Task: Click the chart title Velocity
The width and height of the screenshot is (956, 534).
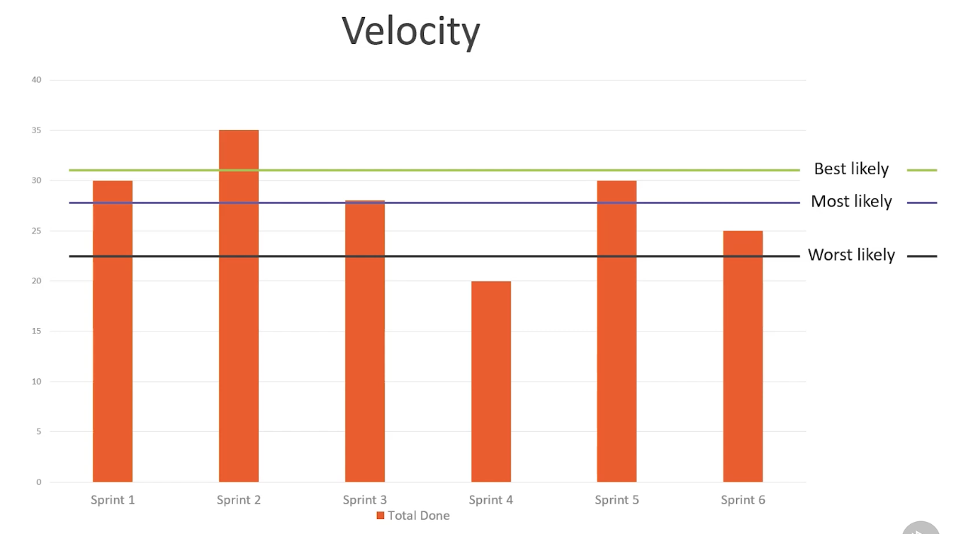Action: click(x=411, y=32)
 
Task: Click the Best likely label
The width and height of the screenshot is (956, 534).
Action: click(x=851, y=169)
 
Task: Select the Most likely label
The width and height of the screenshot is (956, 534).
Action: click(x=851, y=202)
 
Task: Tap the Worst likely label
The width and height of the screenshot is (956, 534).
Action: click(x=851, y=255)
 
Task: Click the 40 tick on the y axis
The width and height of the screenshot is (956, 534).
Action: click(x=37, y=80)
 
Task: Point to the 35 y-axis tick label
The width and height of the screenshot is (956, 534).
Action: click(x=37, y=130)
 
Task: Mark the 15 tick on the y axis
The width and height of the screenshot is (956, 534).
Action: click(x=37, y=331)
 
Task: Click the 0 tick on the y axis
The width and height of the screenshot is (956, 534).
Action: click(x=39, y=482)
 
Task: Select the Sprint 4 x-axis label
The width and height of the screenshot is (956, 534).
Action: click(x=491, y=500)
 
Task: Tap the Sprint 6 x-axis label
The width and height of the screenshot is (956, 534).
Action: click(x=743, y=500)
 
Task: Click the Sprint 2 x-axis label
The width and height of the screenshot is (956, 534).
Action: click(x=239, y=500)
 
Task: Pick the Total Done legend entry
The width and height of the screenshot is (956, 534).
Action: click(x=413, y=516)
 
